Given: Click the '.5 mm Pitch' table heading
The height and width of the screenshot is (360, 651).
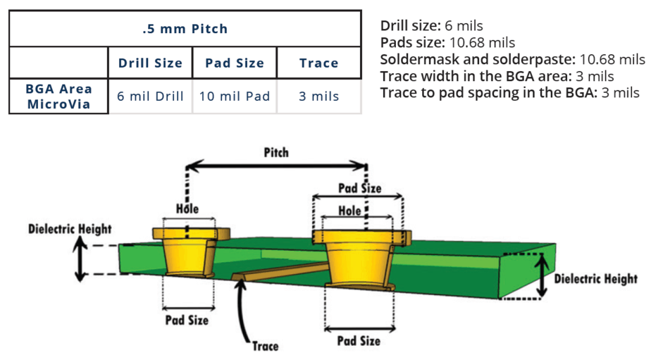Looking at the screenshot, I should click(x=185, y=29).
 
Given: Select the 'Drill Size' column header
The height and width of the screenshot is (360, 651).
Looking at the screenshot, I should click(x=150, y=63).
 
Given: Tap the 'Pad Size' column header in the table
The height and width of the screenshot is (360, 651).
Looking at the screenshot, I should click(x=234, y=63).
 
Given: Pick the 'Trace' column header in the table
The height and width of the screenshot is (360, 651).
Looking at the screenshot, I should click(x=318, y=63).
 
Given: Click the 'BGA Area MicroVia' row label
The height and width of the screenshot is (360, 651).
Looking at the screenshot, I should click(x=58, y=97).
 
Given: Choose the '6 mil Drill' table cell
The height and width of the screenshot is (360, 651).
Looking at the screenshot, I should click(x=150, y=97).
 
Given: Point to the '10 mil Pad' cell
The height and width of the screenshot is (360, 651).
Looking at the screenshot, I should click(x=234, y=97).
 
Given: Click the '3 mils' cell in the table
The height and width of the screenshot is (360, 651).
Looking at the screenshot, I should click(x=318, y=97).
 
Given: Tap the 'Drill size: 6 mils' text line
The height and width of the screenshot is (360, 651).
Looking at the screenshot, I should click(x=431, y=26).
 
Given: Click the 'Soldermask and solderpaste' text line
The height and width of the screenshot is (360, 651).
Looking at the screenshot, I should click(x=512, y=59).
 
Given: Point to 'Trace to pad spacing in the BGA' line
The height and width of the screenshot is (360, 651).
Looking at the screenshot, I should click(x=509, y=92).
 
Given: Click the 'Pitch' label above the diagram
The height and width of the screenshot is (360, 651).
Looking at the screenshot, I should click(x=275, y=152).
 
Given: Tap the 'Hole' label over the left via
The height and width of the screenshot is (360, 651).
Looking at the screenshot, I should click(x=187, y=209).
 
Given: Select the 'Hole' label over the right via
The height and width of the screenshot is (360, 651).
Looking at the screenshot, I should click(x=349, y=211).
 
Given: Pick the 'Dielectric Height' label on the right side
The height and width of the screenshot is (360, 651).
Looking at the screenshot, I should click(x=596, y=279).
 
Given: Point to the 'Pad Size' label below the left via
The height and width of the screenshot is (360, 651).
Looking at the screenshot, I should click(x=187, y=320).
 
